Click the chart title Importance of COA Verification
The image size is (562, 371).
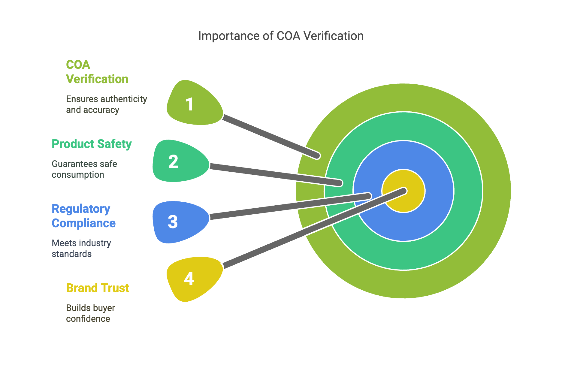pyautogui.click(x=281, y=36)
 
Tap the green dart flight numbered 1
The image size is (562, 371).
pyautogui.click(x=195, y=103)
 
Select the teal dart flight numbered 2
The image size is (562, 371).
pyautogui.click(x=181, y=161)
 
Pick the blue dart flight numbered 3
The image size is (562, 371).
pyautogui.click(x=181, y=222)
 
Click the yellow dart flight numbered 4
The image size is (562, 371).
pyautogui.click(x=195, y=279)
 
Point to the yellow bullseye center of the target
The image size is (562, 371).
pyautogui.click(x=403, y=191)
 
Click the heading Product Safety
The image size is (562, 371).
pyautogui.click(x=92, y=144)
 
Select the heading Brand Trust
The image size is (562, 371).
pyautogui.click(x=98, y=288)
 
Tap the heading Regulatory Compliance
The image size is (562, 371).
pyautogui.click(x=83, y=216)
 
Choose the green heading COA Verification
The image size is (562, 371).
pyautogui.click(x=97, y=72)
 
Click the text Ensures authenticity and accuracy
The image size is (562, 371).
pyautogui.click(x=107, y=104)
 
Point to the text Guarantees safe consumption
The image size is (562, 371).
pyautogui.click(x=84, y=169)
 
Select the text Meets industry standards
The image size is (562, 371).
pyautogui.click(x=81, y=248)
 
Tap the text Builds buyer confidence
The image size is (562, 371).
pyautogui.click(x=90, y=313)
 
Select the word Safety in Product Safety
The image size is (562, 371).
pyautogui.click(x=116, y=144)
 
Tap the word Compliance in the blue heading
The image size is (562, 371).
pyautogui.click(x=83, y=223)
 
